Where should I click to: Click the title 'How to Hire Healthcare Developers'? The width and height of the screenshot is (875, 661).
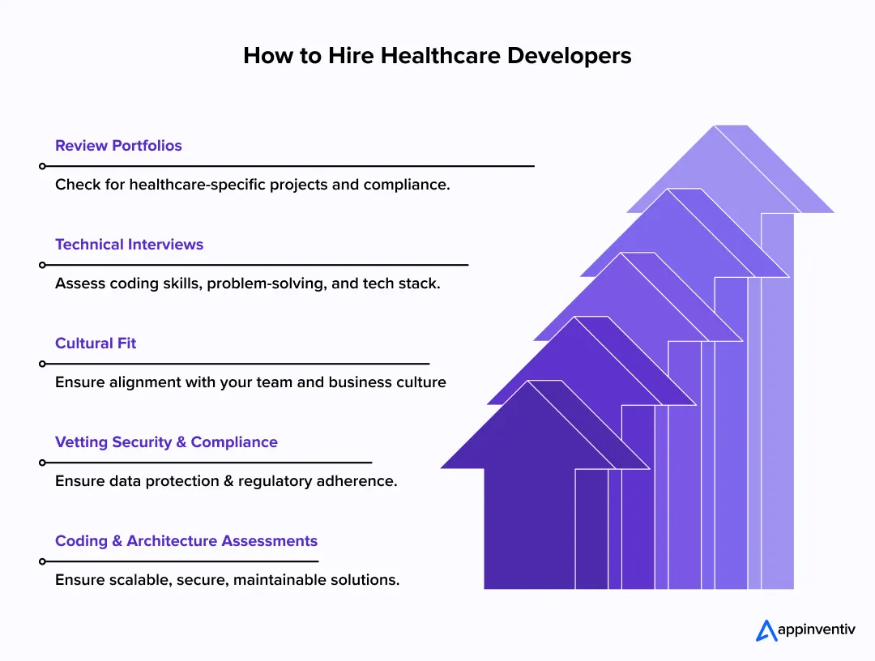(x=437, y=56)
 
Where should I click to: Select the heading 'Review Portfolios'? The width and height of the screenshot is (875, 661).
(x=118, y=146)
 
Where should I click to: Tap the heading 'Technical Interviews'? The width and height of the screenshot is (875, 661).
(x=129, y=245)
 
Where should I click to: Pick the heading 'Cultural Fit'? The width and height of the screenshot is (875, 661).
(x=96, y=343)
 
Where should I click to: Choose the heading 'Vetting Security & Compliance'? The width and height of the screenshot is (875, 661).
(x=166, y=442)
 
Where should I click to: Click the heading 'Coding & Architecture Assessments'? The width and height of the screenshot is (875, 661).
(x=186, y=541)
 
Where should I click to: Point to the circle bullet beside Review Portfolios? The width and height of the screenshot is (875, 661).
(x=42, y=166)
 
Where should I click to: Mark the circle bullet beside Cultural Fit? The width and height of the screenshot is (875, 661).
(x=42, y=364)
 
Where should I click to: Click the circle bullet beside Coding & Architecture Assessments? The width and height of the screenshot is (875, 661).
(x=42, y=561)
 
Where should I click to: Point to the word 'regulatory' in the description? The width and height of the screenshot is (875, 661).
(x=283, y=481)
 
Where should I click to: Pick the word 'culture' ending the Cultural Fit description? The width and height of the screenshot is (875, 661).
(x=420, y=382)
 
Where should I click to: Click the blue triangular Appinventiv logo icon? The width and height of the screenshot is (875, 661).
(x=766, y=630)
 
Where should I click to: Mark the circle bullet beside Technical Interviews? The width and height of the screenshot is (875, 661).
(x=42, y=265)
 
